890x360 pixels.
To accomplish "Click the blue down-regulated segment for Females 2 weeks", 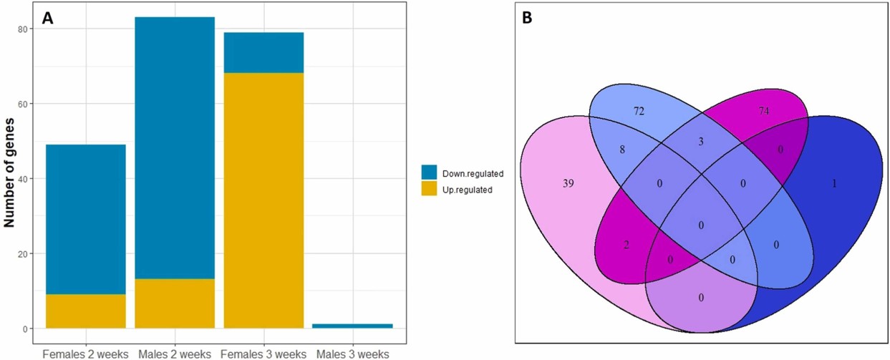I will [86, 219].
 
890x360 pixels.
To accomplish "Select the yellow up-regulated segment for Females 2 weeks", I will [86, 311].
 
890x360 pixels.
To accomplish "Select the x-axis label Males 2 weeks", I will [174, 354].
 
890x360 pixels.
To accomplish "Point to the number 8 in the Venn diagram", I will [622, 151].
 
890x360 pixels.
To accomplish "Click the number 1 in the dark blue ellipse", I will [834, 183].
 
